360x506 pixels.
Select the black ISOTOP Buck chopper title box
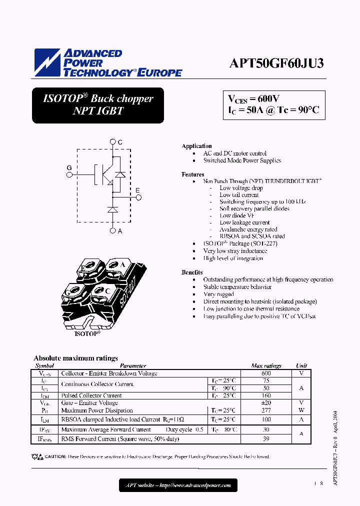click(x=98, y=105)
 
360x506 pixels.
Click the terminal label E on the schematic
click(x=138, y=190)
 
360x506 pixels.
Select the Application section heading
click(x=196, y=146)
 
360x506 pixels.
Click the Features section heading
click(x=193, y=174)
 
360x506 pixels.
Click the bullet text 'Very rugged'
click(x=218, y=294)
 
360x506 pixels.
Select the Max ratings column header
click(x=266, y=366)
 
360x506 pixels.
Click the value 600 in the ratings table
click(x=266, y=373)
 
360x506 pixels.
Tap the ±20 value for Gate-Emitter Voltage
click(x=266, y=402)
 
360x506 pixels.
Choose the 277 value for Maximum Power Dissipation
click(x=266, y=410)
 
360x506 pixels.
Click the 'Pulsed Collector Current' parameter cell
click(x=91, y=395)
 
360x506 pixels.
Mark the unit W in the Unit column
click(x=301, y=410)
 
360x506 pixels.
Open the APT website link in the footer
click(x=178, y=485)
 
